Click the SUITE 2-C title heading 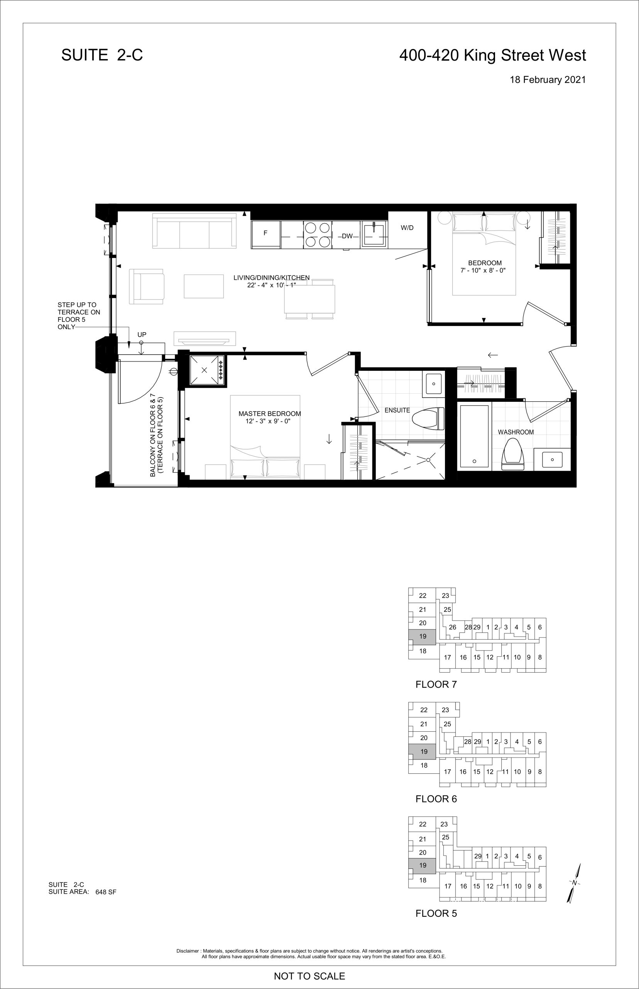click(x=102, y=55)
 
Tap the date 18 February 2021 click(x=548, y=80)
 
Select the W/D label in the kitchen click(x=407, y=228)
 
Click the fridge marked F click(x=265, y=234)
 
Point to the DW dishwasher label click(x=347, y=236)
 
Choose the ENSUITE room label click(x=397, y=410)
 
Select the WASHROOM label click(x=516, y=432)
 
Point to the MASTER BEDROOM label click(x=270, y=414)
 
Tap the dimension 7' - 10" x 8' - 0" click(x=483, y=270)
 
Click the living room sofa click(x=194, y=231)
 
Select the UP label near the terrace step click(x=142, y=335)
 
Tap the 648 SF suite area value click(x=106, y=892)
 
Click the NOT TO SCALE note click(x=309, y=976)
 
